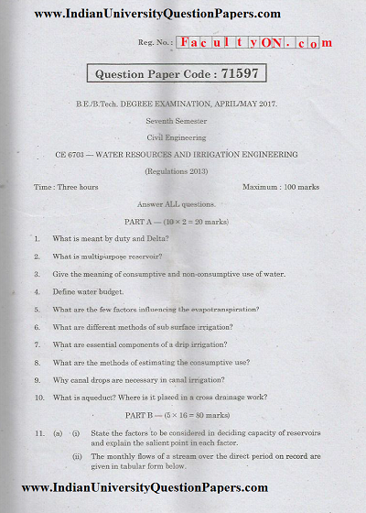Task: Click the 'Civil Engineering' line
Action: [183, 137]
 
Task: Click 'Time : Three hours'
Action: [66, 187]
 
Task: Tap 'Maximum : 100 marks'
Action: [280, 187]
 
